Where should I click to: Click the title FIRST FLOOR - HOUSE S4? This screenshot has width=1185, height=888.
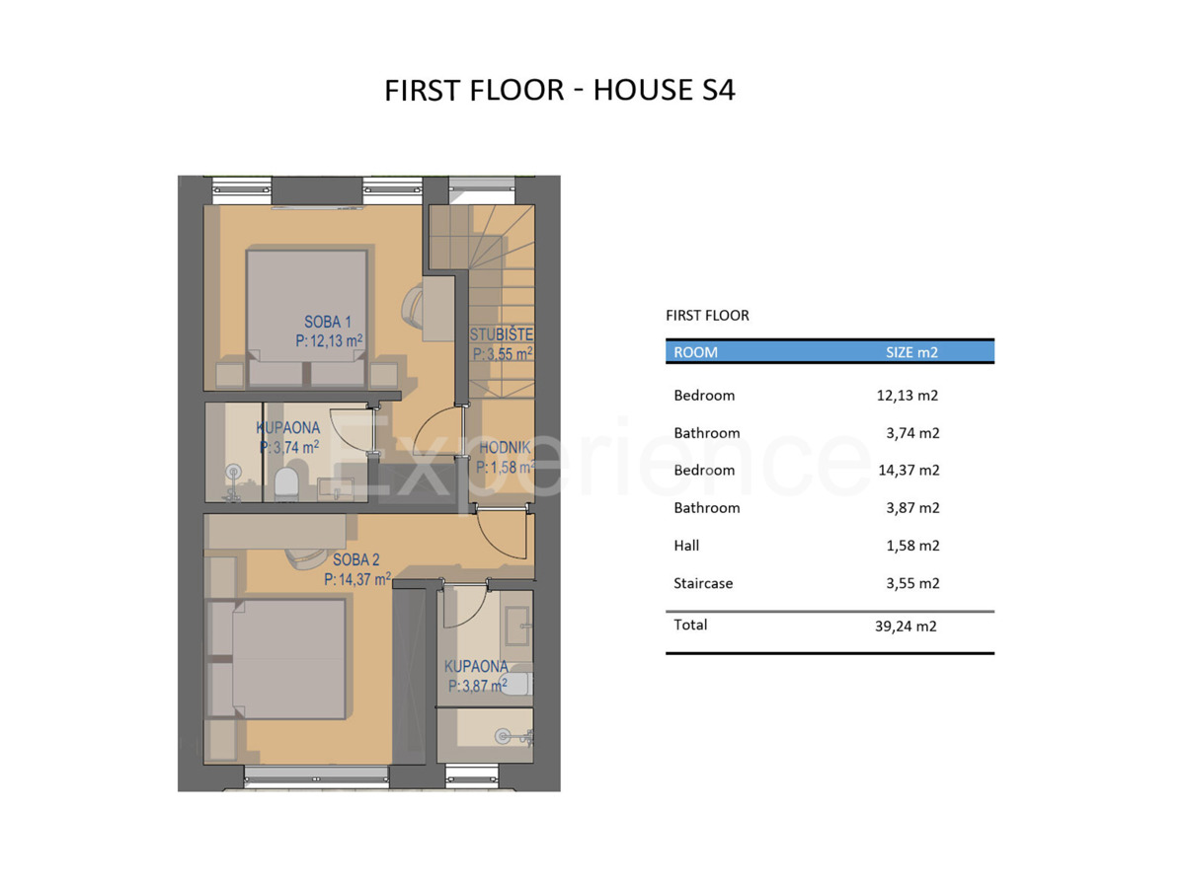point(559,90)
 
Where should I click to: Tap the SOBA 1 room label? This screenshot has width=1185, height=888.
point(328,322)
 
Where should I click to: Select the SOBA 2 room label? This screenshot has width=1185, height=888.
point(355,559)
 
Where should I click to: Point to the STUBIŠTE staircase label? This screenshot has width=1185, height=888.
point(502,334)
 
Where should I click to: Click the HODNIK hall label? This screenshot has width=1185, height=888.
point(505,448)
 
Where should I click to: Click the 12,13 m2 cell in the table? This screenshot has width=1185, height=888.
point(907,396)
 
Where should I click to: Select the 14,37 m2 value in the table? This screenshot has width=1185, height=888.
point(908,471)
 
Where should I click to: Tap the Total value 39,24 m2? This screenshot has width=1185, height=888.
point(906,626)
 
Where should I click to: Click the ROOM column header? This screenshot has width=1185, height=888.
point(695,352)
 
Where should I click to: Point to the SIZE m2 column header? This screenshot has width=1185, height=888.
point(911,352)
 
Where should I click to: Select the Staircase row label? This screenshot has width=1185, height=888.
point(703,583)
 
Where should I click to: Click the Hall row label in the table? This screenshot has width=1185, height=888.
point(686,545)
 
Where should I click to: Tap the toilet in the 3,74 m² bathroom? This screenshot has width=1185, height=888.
point(286,482)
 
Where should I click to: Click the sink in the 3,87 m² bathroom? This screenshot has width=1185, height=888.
point(517,626)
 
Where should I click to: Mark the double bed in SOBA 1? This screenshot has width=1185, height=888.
point(306,318)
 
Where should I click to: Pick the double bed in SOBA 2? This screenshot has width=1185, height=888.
point(276,659)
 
